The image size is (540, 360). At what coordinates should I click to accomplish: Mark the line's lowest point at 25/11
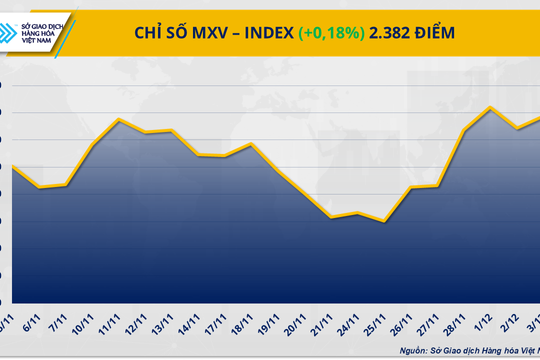[385, 221]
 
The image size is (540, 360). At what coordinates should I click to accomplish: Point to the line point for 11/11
[120, 119]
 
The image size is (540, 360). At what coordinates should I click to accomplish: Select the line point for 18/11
[252, 144]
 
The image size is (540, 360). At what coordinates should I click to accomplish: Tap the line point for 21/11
[331, 217]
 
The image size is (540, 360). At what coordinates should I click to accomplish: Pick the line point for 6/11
[40, 187]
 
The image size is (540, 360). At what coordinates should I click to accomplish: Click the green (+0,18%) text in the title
[334, 33]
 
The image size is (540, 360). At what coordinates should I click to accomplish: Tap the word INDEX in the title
[263, 33]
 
